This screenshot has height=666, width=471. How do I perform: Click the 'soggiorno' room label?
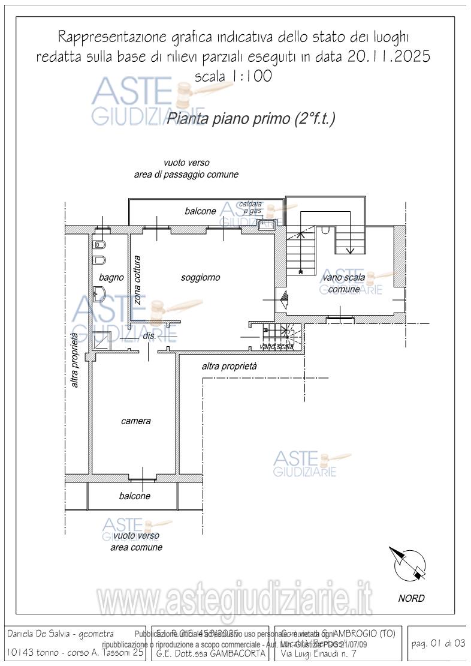[200, 277]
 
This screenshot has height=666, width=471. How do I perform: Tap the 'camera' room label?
[136, 421]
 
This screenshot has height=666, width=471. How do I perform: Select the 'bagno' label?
[111, 277]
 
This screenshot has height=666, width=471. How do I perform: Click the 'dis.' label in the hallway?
[149, 336]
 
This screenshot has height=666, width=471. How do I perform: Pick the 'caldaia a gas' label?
[250, 208]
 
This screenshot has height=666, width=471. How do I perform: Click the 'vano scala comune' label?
[343, 283]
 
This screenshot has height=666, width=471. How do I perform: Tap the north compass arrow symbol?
[409, 564]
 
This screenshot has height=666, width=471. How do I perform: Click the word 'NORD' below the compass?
[411, 598]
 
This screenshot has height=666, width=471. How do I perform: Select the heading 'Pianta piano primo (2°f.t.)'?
[250, 119]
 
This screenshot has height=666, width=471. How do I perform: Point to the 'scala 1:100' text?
[234, 76]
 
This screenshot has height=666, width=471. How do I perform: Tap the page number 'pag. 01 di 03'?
[439, 644]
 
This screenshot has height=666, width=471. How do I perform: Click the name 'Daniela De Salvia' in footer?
[42, 634]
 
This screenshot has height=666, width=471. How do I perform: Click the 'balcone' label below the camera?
[134, 496]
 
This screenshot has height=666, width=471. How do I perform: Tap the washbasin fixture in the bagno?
[100, 294]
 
